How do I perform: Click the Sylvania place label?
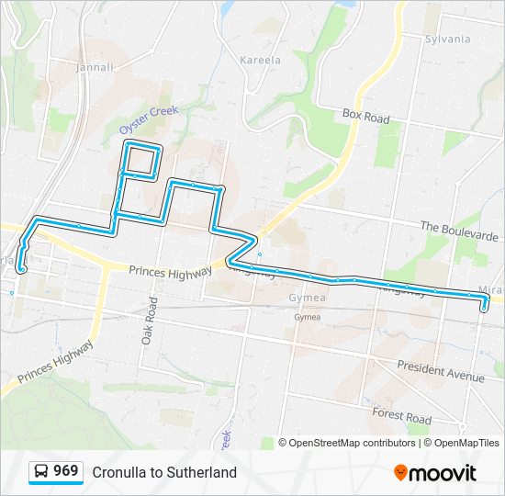(447, 39)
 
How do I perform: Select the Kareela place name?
(260, 61)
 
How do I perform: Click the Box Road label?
(366, 118)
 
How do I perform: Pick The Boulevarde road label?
(458, 231)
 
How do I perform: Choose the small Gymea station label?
(308, 317)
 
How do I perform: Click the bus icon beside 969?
(41, 472)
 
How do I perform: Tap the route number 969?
(65, 471)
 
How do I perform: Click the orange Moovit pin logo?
(400, 473)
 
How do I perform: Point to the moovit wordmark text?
(443, 473)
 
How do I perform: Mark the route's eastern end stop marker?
(484, 308)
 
